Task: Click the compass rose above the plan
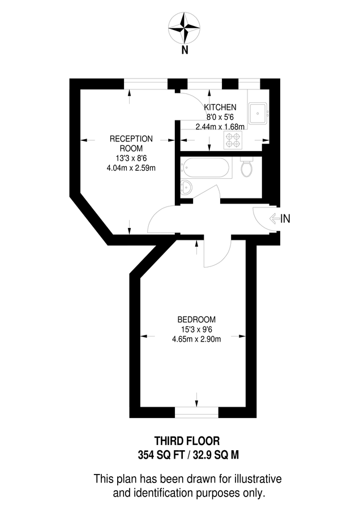click(185, 28)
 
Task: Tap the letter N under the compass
click(185, 50)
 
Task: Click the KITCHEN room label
click(220, 107)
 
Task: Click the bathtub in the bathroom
click(205, 167)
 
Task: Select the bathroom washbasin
click(187, 187)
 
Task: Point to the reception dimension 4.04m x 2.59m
click(131, 167)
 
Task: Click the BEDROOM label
click(196, 320)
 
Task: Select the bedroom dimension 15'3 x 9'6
click(196, 329)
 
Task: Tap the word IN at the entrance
click(286, 219)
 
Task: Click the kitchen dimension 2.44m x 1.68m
click(220, 127)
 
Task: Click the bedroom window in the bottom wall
click(197, 412)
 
